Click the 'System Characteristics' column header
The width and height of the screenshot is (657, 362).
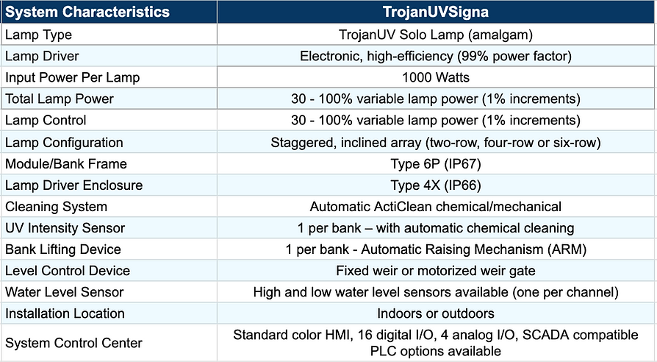click(x=87, y=12)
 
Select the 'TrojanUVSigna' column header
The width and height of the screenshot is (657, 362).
click(x=436, y=12)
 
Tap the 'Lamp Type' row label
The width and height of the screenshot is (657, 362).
click(x=38, y=35)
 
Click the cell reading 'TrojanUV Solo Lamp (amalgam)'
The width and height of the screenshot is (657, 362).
click(x=436, y=35)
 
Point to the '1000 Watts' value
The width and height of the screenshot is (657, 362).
click(x=436, y=77)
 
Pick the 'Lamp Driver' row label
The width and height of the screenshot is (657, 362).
click(x=42, y=56)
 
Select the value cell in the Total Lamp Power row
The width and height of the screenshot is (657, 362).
click(x=436, y=99)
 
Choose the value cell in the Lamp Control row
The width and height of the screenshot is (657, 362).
click(x=436, y=121)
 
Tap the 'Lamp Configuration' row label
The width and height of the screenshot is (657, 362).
click(x=64, y=143)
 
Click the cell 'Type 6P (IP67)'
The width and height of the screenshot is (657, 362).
click(x=436, y=163)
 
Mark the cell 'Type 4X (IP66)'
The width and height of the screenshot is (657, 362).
click(x=436, y=185)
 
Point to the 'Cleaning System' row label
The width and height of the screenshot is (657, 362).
click(x=56, y=207)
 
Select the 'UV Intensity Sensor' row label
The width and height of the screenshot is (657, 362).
click(x=65, y=228)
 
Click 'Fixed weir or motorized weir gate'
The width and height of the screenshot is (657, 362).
click(x=436, y=271)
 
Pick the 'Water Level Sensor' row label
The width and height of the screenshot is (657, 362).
click(x=64, y=292)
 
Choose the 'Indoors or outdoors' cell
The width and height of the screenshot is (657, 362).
click(x=436, y=313)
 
